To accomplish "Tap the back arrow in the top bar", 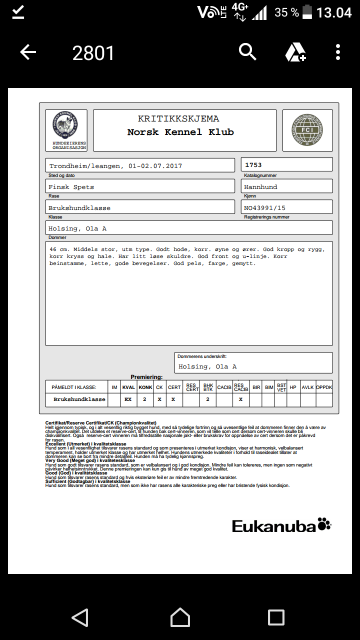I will [x=28, y=52].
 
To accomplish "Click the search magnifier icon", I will [x=247, y=51].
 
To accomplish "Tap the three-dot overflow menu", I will [x=338, y=52].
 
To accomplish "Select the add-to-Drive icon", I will [x=295, y=52].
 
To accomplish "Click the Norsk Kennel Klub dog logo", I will [x=65, y=125].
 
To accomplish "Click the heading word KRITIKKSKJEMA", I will [x=178, y=119].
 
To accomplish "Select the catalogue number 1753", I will [x=253, y=164].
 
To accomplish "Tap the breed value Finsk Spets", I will [x=71, y=187].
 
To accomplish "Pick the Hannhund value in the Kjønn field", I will [x=260, y=187].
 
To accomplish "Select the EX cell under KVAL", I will [x=128, y=399].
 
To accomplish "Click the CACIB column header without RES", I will [x=224, y=387].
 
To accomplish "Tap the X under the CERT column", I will [x=173, y=399].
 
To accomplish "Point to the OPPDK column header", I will [x=324, y=387].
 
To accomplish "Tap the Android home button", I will [x=180, y=617].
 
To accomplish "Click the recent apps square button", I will [x=276, y=617].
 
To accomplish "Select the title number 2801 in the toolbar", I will [x=93, y=53].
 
